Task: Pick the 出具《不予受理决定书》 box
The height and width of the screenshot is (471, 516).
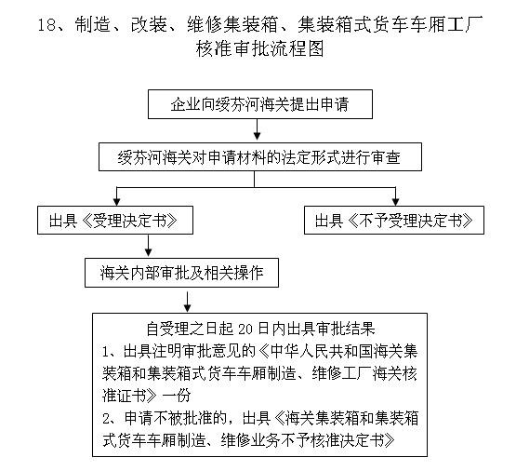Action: tap(395, 221)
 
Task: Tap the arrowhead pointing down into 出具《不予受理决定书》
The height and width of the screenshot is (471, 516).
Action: tap(395, 201)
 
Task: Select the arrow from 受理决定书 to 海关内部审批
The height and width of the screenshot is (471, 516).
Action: tap(149, 246)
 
